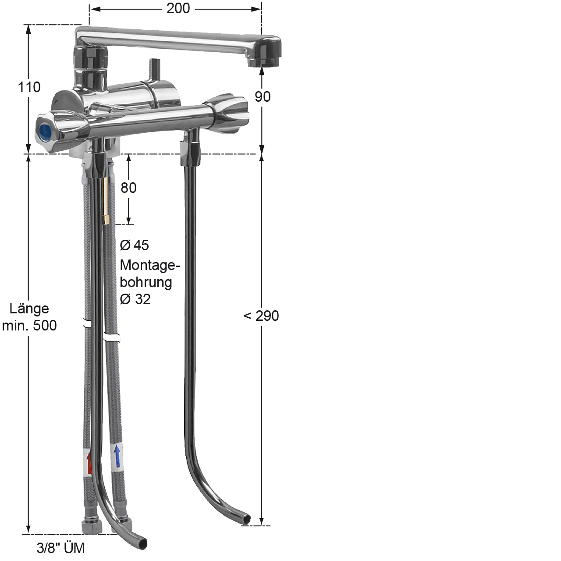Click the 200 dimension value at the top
[178, 8]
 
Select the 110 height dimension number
[29, 87]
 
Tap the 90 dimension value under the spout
[263, 97]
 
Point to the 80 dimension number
[128, 188]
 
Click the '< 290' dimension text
[261, 316]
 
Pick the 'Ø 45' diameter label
[135, 245]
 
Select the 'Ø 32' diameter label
[135, 299]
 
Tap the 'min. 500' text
[29, 326]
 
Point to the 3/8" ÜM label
[60, 548]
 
